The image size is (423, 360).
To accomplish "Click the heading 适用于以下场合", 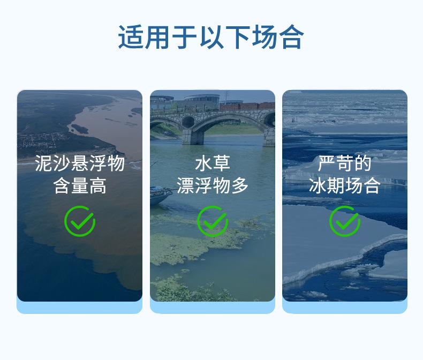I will pyautogui.click(x=211, y=37).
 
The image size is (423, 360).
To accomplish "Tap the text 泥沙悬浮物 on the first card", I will pyautogui.click(x=80, y=163).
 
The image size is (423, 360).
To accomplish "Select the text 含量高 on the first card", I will pyautogui.click(x=80, y=186).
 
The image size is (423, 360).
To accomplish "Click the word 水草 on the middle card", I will pyautogui.click(x=213, y=163).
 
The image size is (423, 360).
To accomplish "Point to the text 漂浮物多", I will pyautogui.click(x=213, y=186).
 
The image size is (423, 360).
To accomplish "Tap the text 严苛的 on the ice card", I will pyautogui.click(x=344, y=163).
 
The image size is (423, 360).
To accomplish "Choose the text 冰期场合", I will pyautogui.click(x=344, y=186).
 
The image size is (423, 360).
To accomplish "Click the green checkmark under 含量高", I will pyautogui.click(x=80, y=221).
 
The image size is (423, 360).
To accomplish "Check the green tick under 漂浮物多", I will pyautogui.click(x=213, y=221).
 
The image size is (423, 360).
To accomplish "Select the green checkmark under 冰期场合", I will pyautogui.click(x=344, y=221).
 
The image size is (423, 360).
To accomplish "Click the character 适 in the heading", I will pyautogui.click(x=130, y=37).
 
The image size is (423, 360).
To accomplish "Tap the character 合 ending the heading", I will pyautogui.click(x=292, y=37).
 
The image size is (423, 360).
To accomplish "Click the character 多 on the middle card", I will pyautogui.click(x=240, y=186).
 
